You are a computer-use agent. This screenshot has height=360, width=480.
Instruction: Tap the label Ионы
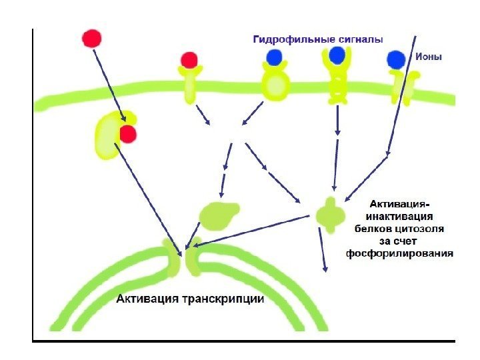pos(429,57)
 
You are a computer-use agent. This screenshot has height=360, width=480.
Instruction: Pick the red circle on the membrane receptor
pos(189,60)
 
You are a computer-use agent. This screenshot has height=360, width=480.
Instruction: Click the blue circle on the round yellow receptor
pos(274,57)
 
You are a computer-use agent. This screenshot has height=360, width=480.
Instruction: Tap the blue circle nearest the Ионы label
pos(397,61)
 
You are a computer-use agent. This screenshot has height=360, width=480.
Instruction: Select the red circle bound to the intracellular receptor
pos(127,135)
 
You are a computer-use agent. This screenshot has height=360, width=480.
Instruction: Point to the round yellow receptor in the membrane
pos(275,84)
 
